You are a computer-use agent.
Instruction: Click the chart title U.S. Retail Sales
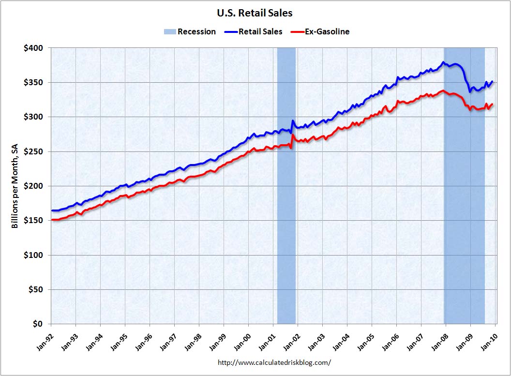[x=255, y=13]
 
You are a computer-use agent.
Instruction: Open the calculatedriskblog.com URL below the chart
[x=274, y=362]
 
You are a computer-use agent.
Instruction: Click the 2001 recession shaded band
[x=286, y=194]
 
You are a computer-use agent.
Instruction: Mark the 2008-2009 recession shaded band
[x=464, y=218]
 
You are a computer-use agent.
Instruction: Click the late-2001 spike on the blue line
[x=293, y=121]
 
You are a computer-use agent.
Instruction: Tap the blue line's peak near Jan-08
[x=443, y=62]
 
